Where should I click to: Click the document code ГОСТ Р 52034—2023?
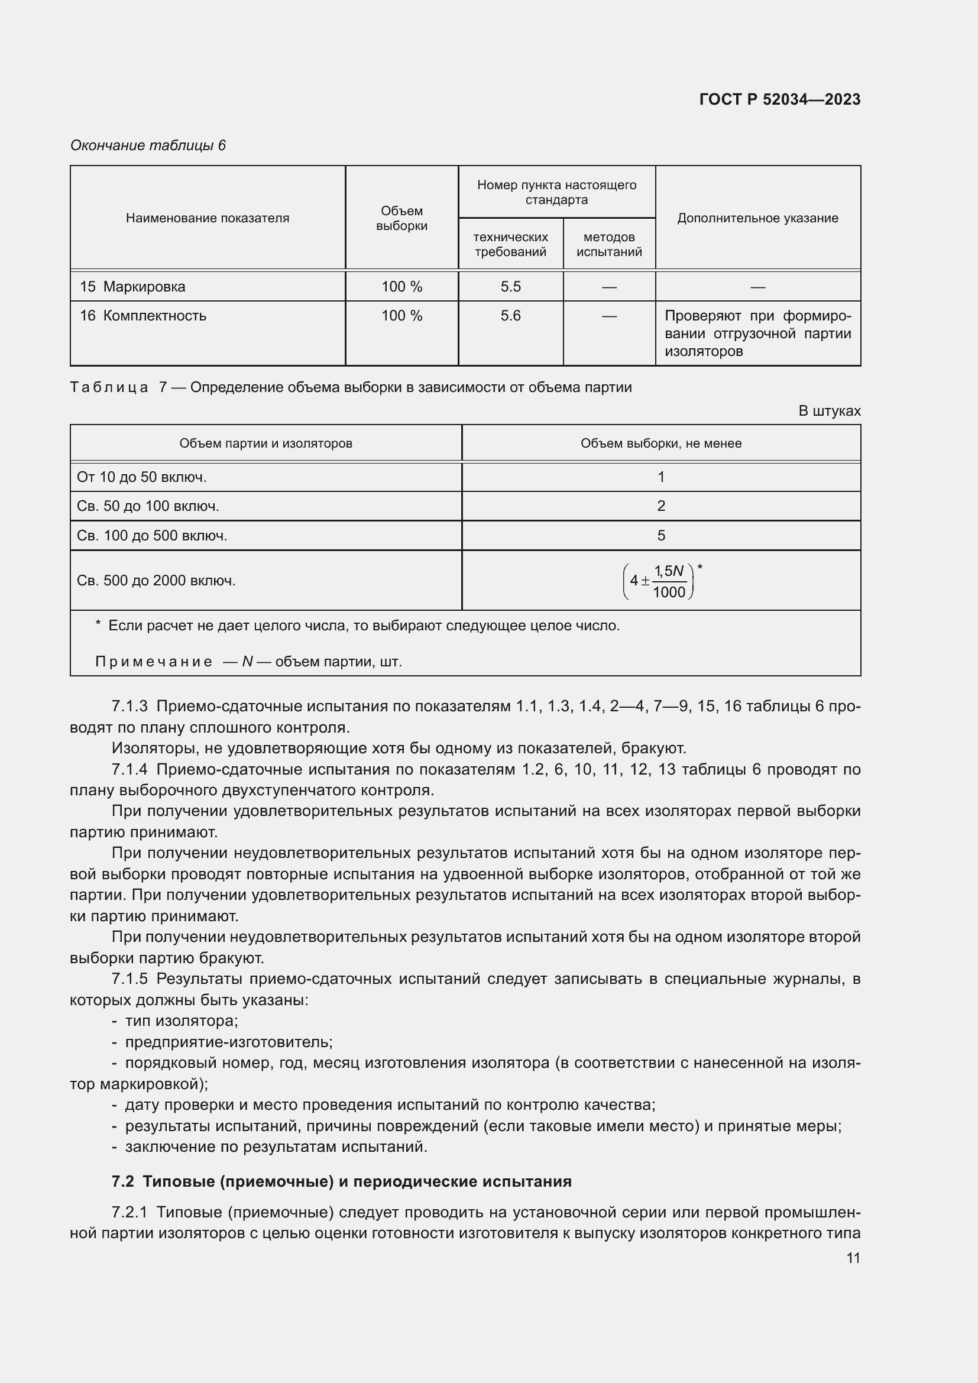779,99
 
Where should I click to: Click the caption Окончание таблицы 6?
148,145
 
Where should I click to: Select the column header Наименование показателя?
207,218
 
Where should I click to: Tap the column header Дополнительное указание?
757,218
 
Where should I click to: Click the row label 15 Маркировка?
132,287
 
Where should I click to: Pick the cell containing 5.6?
510,316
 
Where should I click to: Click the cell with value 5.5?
510,287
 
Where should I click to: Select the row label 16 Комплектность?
143,316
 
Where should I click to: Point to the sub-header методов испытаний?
609,244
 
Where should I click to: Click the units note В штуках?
828,411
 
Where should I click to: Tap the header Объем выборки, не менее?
660,443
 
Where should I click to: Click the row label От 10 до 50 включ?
141,477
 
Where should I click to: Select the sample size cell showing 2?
660,506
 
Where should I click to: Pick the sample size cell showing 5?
660,536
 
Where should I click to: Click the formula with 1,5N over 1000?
660,581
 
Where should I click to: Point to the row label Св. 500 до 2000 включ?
156,581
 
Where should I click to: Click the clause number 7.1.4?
129,769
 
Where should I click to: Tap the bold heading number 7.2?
123,1181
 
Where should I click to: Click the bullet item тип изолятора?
182,1021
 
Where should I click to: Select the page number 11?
853,1258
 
